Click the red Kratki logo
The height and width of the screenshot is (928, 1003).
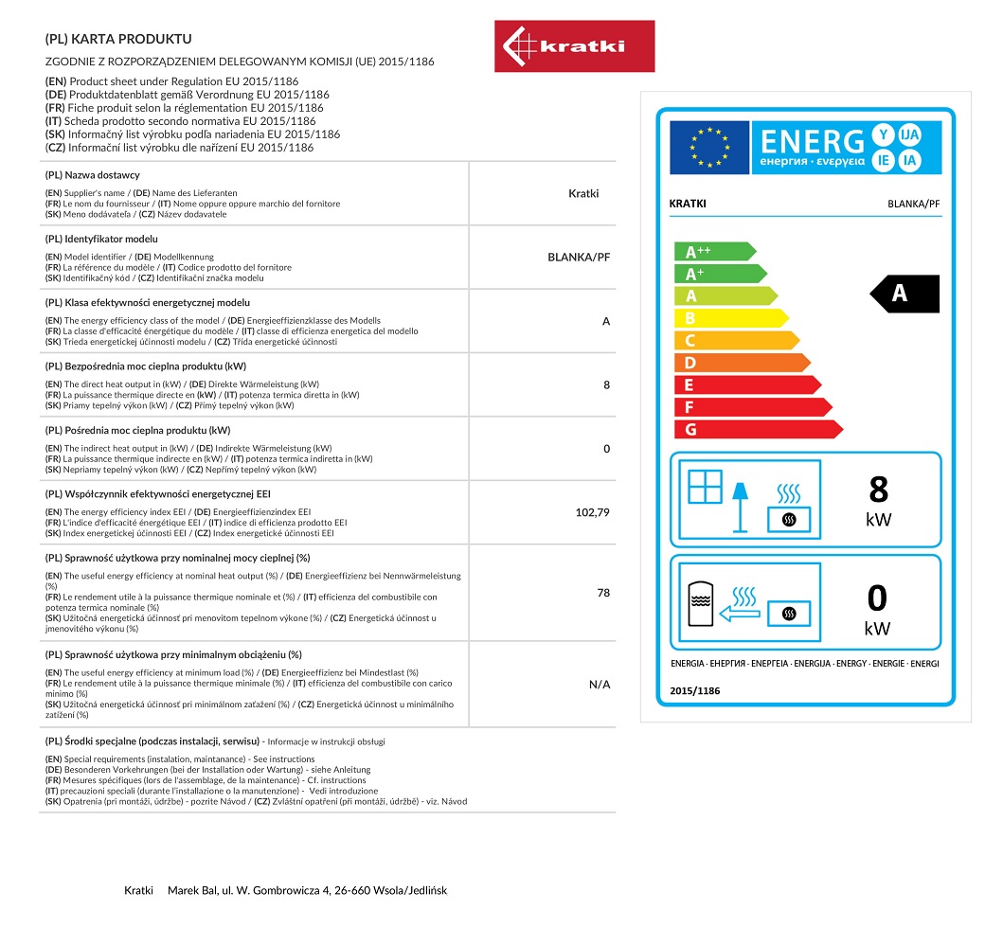point(574,46)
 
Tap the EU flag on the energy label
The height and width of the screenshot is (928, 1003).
point(709,148)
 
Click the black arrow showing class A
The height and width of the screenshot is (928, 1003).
point(904,294)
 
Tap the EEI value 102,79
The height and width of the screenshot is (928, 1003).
point(592,512)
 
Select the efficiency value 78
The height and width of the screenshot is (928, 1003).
point(603,593)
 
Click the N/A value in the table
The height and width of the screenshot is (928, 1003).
point(600,684)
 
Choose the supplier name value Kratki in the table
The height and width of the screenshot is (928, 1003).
point(583,193)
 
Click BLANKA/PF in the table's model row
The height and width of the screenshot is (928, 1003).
point(579,257)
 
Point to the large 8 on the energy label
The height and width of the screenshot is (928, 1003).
point(878,490)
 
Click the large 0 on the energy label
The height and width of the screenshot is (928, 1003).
point(878,598)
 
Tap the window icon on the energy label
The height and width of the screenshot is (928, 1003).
point(705,486)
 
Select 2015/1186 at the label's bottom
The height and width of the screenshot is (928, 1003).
point(695,691)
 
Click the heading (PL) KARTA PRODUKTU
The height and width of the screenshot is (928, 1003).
point(118,40)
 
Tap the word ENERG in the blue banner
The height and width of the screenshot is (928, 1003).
point(813,141)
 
